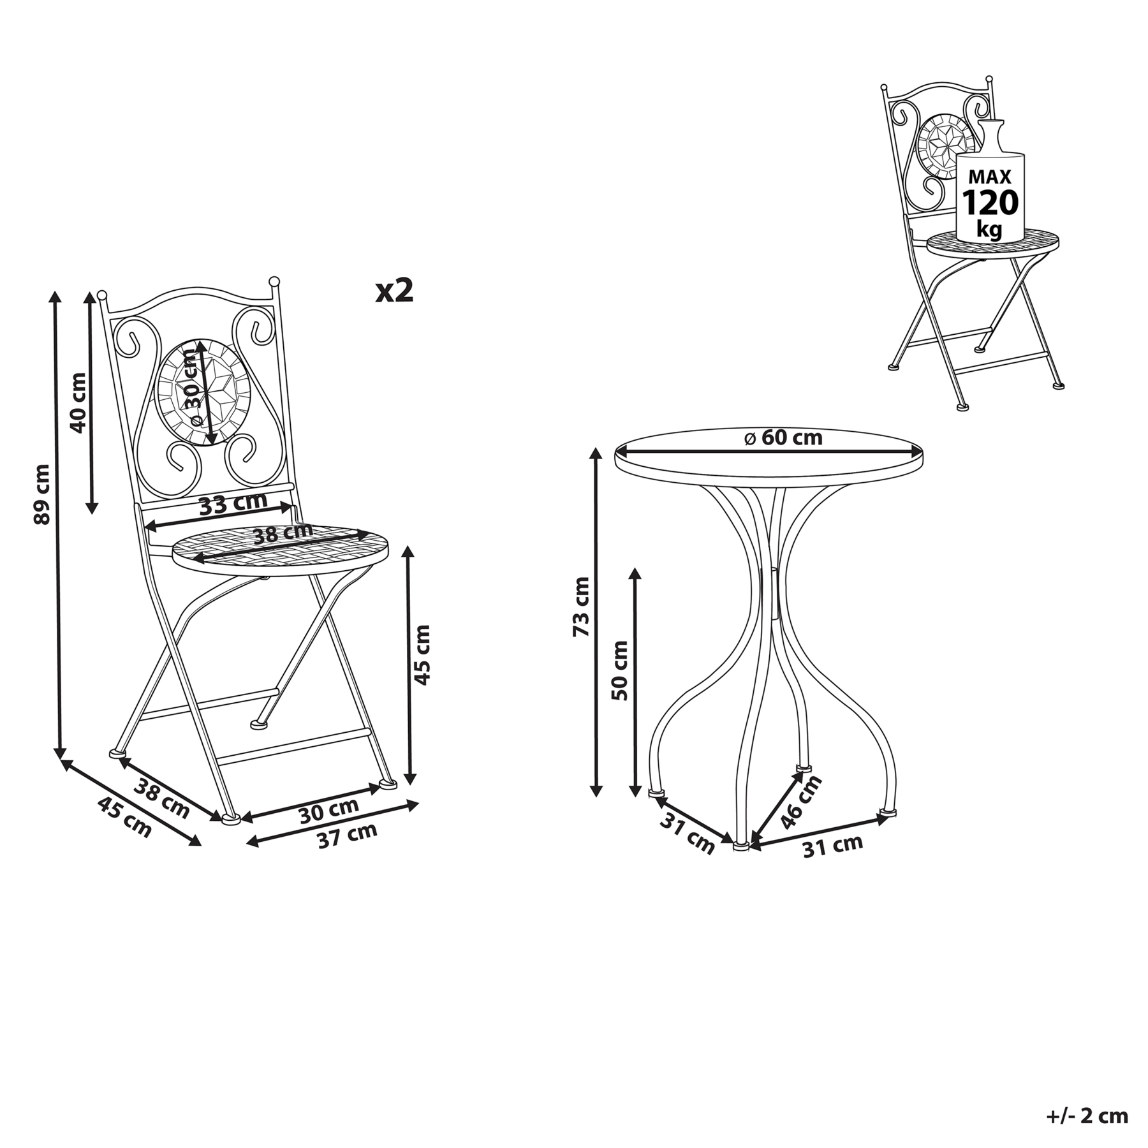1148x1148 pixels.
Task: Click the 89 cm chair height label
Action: pos(41,494)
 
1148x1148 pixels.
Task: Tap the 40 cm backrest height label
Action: pos(78,402)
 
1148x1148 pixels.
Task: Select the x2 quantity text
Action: pos(395,291)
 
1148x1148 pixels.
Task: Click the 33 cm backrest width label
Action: pos(233,503)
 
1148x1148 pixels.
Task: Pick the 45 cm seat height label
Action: pos(422,655)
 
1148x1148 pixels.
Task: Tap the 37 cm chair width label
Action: pos(348,835)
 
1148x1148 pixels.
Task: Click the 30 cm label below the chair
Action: pos(329,809)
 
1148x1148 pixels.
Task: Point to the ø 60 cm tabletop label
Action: pos(783,438)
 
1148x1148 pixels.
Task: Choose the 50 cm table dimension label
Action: pos(619,670)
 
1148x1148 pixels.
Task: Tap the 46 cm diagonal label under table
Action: pos(801,801)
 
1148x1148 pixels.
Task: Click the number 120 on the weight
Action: pos(990,203)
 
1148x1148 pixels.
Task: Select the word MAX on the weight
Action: pos(990,177)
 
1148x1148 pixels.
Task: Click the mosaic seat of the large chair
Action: pos(281,546)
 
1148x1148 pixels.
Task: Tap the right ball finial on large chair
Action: pos(274,281)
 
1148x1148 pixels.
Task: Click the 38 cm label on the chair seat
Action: pos(283,533)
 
